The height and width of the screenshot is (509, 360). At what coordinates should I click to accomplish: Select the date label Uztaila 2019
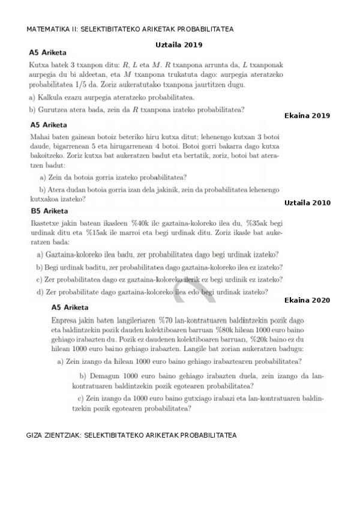tap(179, 44)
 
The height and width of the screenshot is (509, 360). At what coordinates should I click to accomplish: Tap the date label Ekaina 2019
tap(307, 115)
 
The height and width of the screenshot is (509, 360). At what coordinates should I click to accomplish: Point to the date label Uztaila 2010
tap(307, 203)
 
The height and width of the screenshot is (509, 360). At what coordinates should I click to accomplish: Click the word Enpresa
tap(66, 321)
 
